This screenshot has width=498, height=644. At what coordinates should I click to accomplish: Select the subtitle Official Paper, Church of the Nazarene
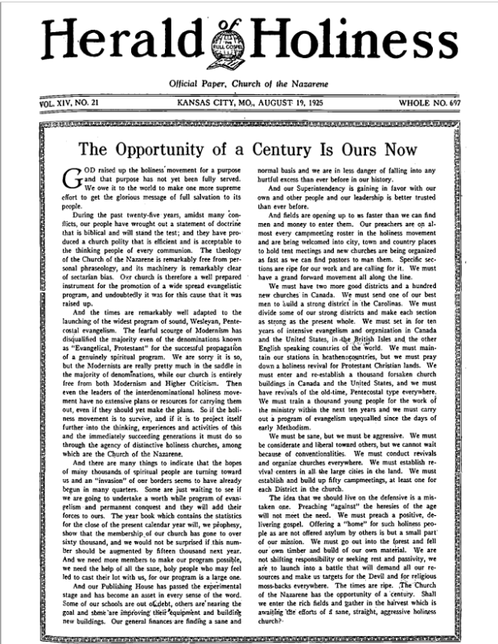click(x=248, y=85)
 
